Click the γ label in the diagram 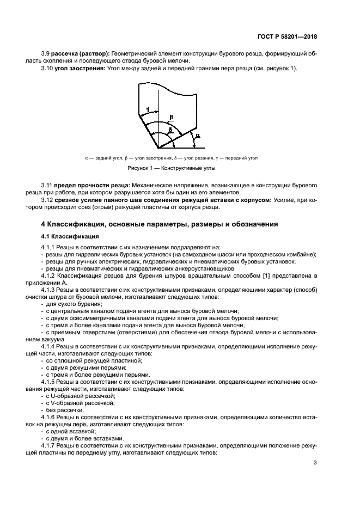(148, 109)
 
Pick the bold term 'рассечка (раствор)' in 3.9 (80, 53)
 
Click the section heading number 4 (44, 224)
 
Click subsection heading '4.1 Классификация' (70, 237)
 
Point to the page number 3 (315, 463)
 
